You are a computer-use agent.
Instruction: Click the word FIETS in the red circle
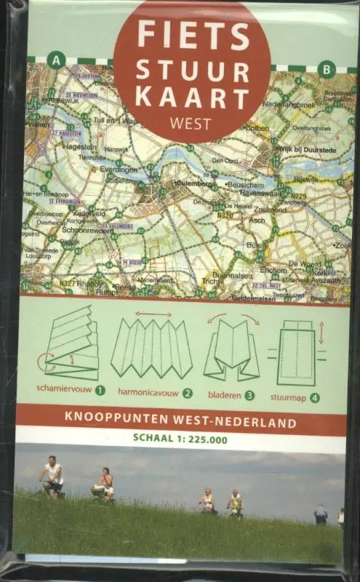pyautogui.click(x=192, y=35)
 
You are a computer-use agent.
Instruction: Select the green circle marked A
pyautogui.click(x=55, y=60)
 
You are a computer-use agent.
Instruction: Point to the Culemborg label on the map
pyautogui.click(x=192, y=183)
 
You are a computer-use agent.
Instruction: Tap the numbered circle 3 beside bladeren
pyautogui.click(x=249, y=396)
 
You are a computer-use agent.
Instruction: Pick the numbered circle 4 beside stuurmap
pyautogui.click(x=314, y=398)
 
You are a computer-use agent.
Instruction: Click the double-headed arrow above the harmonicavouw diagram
pyautogui.click(x=153, y=314)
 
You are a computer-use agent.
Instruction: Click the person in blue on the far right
pyautogui.click(x=320, y=514)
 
